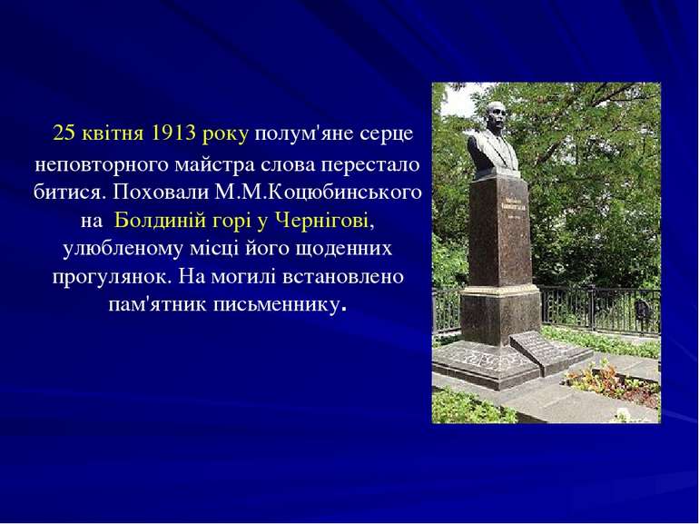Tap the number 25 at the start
64,133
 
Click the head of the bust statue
494,118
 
